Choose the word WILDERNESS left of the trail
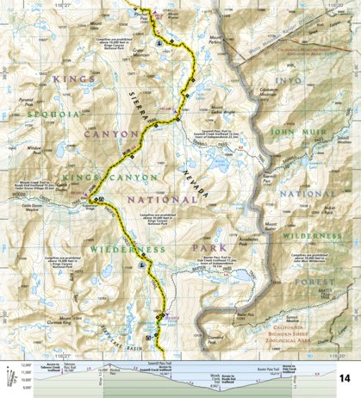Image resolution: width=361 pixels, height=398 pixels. coord(126,250)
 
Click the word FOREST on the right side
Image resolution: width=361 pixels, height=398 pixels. coord(312,281)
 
